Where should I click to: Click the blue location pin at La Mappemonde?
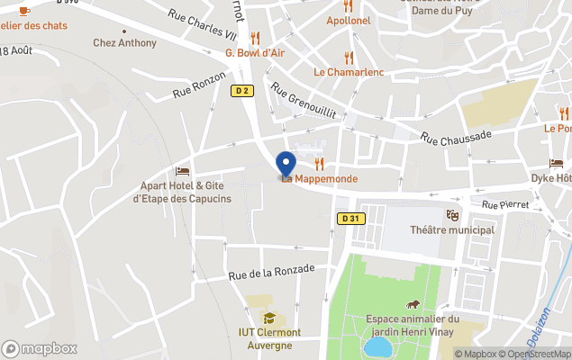[x=286, y=164]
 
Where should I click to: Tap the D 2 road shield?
[x=241, y=90]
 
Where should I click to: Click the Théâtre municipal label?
[x=452, y=229]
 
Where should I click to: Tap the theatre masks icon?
[x=452, y=215]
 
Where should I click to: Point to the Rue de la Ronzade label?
[x=271, y=269]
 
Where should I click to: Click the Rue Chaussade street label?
[x=456, y=136]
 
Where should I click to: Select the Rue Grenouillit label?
[x=303, y=102]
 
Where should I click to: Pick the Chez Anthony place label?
[x=124, y=42]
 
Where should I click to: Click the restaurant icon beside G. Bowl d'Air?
[x=255, y=38]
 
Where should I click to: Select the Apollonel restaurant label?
[x=348, y=20]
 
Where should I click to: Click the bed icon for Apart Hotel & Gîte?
[x=183, y=171]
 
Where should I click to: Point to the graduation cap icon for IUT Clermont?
[x=268, y=318]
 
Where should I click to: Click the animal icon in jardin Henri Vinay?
[x=413, y=304]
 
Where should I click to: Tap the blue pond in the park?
[x=378, y=347]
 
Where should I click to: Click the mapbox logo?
[x=40, y=348]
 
